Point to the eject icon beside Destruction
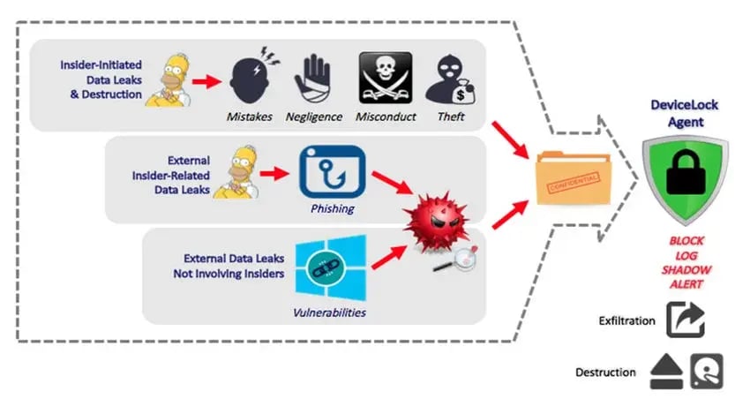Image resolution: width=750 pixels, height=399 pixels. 664,372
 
